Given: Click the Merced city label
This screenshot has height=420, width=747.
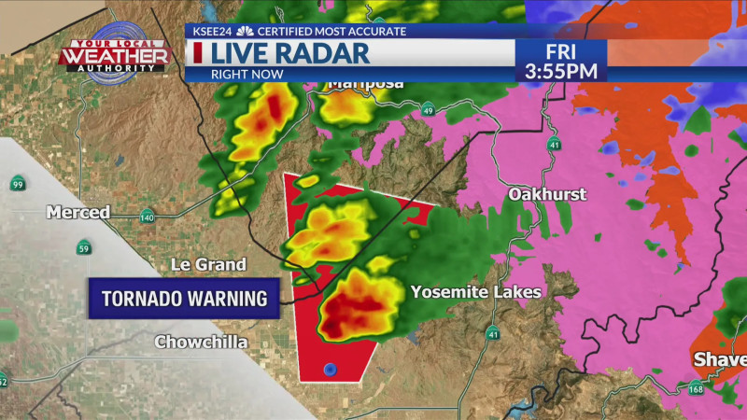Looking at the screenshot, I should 78,213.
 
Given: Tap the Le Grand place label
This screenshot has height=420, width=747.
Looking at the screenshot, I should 208,265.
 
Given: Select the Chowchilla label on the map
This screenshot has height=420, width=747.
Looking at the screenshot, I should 201,343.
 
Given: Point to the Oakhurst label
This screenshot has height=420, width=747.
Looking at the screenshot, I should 547,194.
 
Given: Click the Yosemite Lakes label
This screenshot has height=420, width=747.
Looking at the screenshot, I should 475,292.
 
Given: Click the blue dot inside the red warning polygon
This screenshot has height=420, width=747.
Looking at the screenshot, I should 330,370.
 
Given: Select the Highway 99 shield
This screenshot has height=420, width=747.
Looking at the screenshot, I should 18,183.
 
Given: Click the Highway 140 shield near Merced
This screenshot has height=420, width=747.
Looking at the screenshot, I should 147,217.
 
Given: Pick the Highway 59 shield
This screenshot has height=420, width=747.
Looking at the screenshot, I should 84,247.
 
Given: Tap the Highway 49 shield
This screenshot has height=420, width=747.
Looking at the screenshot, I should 428,108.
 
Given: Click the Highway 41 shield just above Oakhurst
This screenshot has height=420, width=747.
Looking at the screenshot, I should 555,145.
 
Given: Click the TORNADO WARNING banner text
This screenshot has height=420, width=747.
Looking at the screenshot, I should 184,299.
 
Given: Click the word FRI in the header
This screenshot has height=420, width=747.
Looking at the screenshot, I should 560,49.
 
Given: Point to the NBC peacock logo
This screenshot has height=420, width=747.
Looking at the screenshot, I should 246,31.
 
